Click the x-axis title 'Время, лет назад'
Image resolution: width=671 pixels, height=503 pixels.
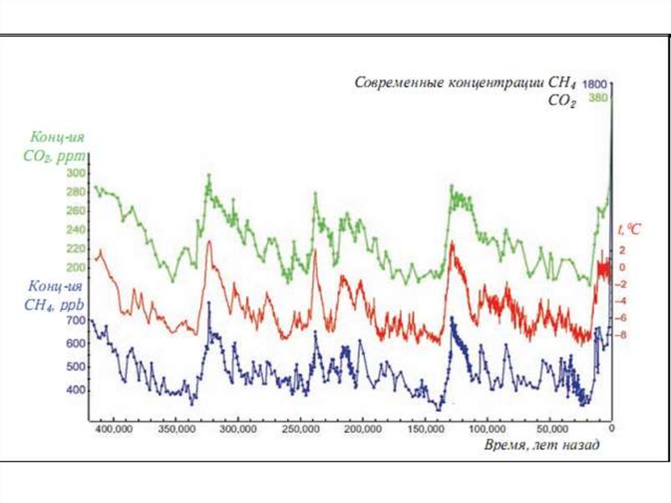(541, 445)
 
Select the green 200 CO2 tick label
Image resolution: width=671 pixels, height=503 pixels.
(77, 268)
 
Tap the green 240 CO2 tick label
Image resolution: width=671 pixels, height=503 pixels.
(77, 230)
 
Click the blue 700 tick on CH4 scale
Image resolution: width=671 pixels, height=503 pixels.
(77, 320)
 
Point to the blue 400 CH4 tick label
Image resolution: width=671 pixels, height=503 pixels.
(77, 390)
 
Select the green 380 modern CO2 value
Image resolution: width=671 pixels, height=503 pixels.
(598, 98)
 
